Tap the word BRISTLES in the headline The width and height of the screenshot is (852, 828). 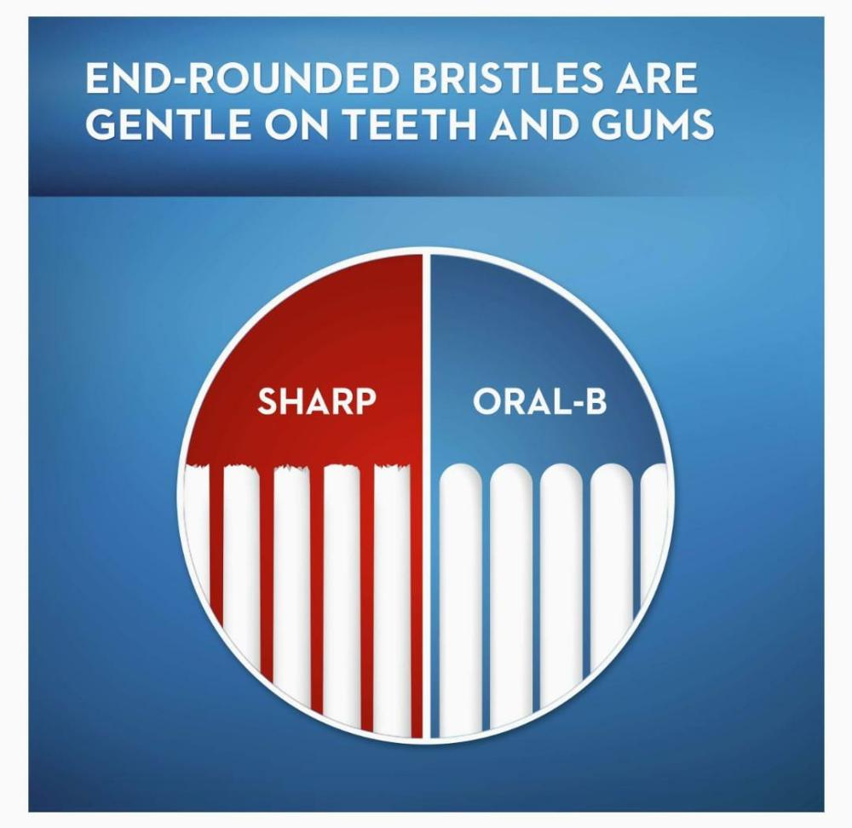click(507, 78)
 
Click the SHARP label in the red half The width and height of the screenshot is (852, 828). click(317, 401)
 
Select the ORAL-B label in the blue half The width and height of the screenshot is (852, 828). click(539, 401)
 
